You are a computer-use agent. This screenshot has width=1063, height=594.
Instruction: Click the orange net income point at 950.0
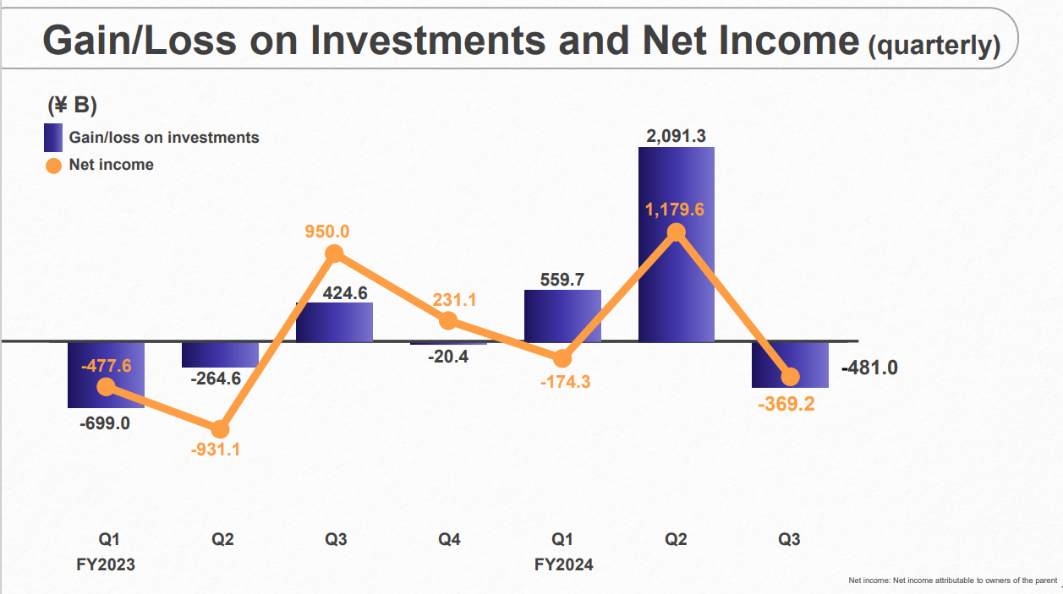(334, 253)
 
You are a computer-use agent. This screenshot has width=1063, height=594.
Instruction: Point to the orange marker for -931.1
(221, 429)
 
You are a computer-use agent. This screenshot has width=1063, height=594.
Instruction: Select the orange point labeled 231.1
(448, 320)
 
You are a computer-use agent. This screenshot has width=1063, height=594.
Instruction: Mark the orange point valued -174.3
(562, 357)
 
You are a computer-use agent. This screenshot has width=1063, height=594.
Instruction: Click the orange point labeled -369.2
(791, 377)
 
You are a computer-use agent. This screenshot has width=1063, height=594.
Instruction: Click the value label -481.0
(869, 368)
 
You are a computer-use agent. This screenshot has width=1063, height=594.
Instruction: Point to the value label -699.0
(105, 423)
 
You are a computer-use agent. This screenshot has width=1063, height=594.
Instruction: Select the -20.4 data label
(449, 357)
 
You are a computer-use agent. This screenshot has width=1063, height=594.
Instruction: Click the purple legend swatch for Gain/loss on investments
(53, 138)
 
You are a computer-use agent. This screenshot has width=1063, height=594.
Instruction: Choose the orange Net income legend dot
(53, 165)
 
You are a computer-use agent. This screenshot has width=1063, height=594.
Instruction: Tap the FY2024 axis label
(563, 565)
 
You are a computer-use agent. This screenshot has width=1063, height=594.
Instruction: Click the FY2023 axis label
(106, 565)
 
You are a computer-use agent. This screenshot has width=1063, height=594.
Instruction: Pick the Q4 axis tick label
(449, 540)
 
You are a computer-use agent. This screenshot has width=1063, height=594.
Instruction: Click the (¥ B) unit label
(72, 106)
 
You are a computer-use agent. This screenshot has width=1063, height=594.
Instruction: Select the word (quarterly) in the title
(934, 46)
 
